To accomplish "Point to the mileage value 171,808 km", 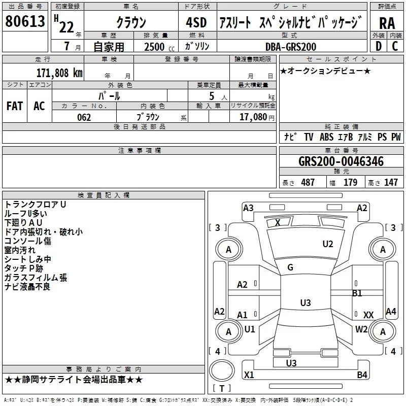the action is (59, 73).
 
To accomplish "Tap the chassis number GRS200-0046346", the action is (341, 162).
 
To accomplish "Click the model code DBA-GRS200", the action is (291, 47).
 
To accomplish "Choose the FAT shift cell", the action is (14, 106).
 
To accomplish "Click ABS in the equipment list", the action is (327, 137).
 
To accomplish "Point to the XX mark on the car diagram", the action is (368, 315).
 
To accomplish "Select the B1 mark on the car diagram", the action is (357, 293).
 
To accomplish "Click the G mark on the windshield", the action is (290, 267).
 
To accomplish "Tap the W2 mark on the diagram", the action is (361, 329).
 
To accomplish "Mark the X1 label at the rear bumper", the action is (249, 375).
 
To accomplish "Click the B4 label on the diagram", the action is (362, 375).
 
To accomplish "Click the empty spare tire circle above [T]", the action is (222, 371).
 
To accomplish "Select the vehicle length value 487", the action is (308, 182).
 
